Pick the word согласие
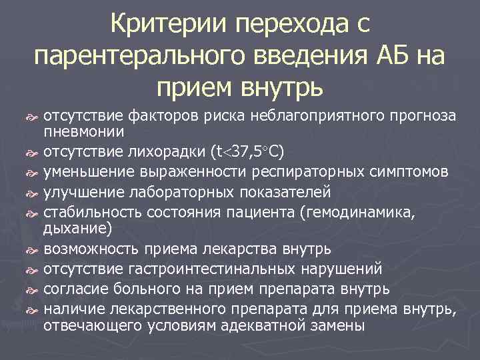74,291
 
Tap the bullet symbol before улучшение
35,195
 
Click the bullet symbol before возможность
35,250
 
